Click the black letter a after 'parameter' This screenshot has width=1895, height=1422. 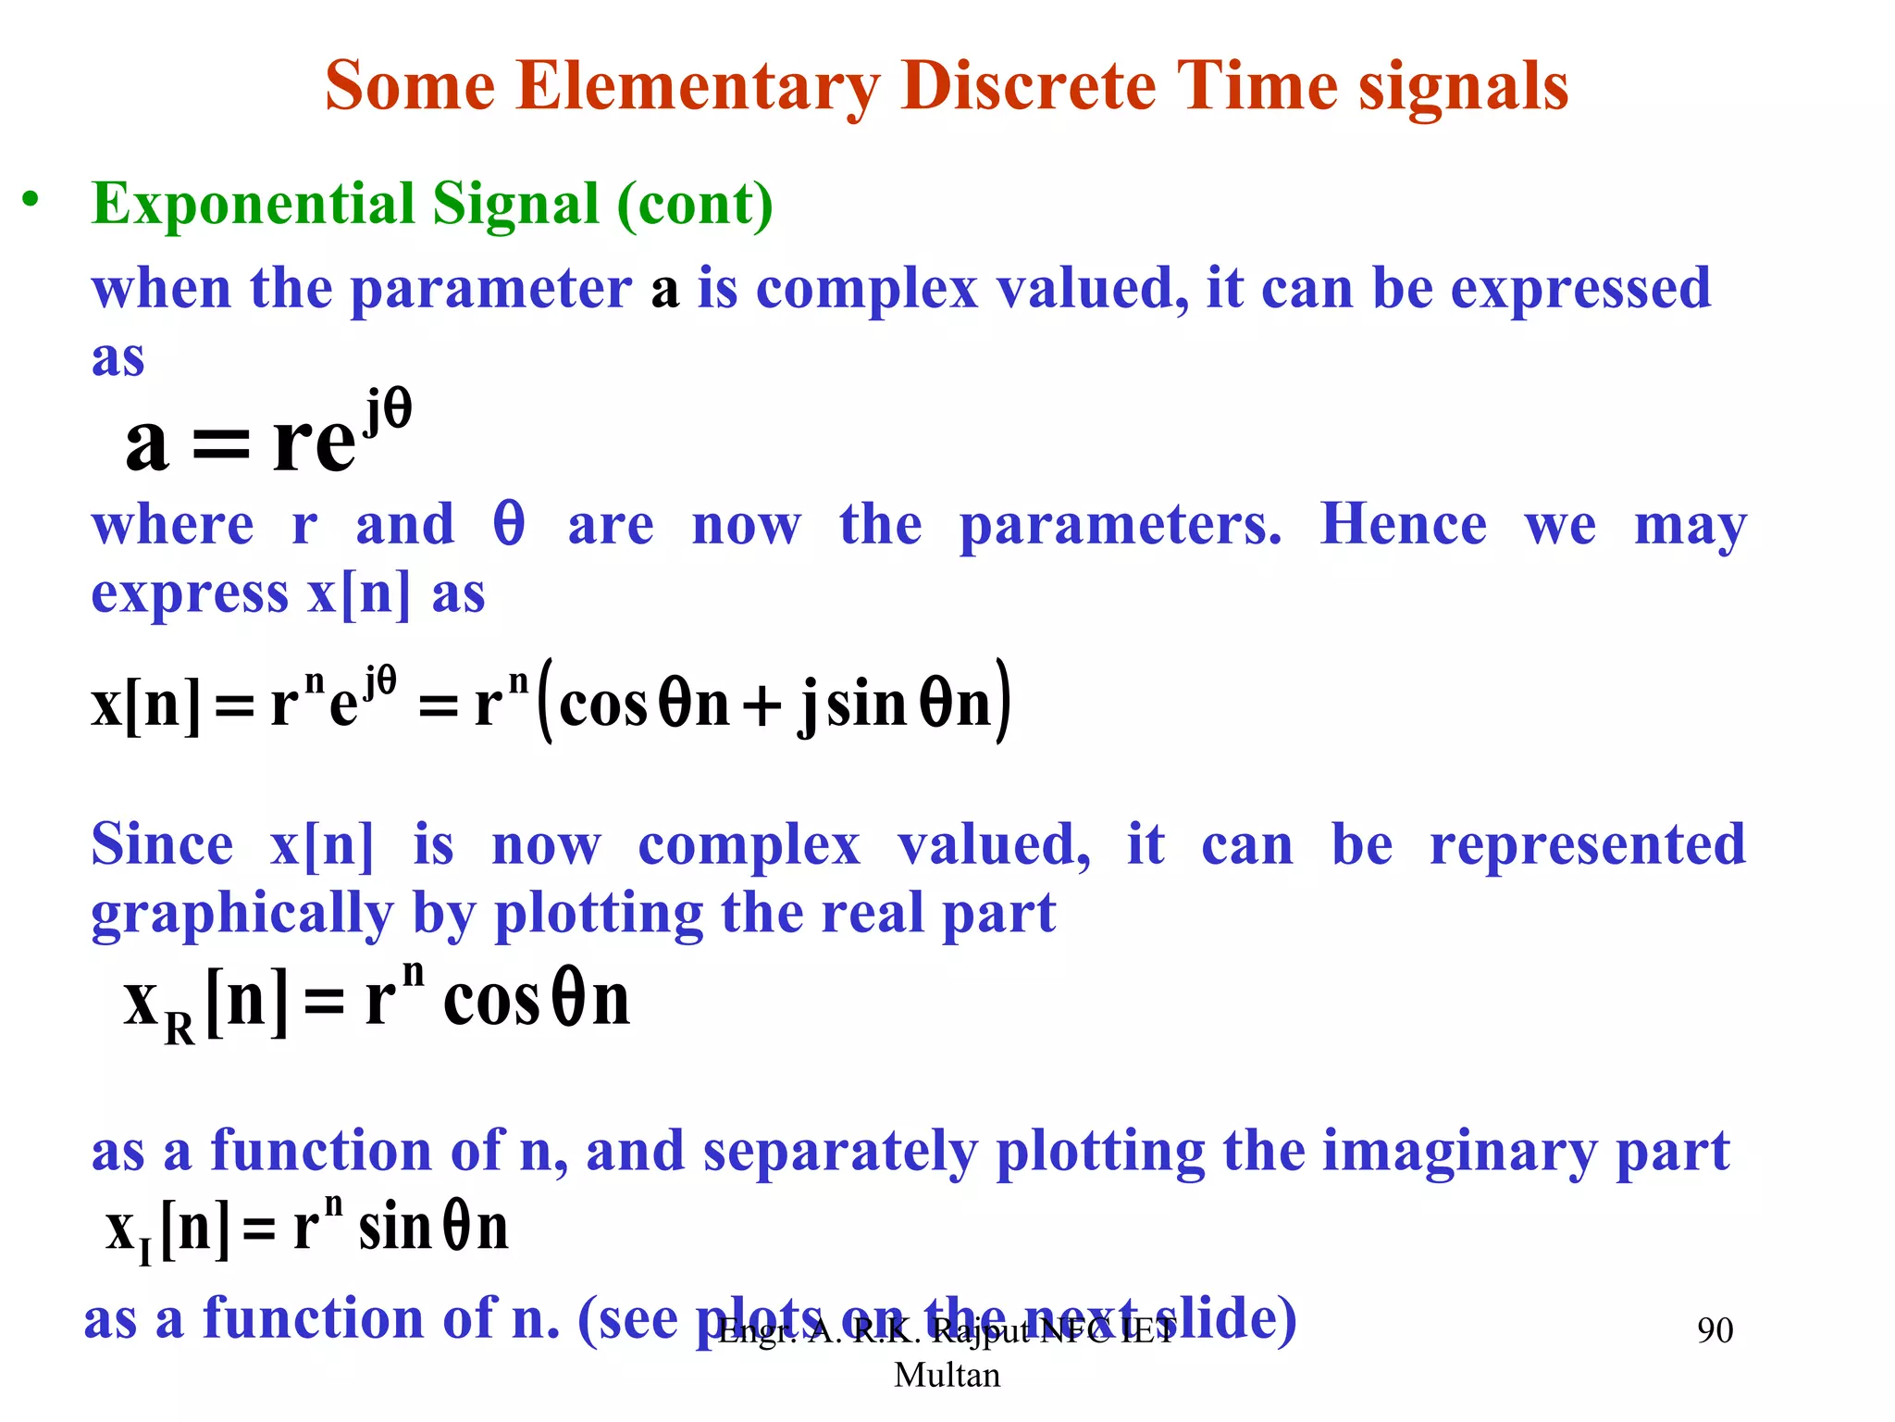(664, 291)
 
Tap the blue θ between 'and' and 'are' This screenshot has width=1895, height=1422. (509, 524)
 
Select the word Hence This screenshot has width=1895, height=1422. (1403, 524)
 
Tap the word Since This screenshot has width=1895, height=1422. (162, 845)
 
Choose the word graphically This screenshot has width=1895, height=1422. (242, 915)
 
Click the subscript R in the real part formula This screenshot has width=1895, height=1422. (180, 1028)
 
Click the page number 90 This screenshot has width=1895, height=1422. (1715, 1330)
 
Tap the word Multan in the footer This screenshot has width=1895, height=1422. (947, 1375)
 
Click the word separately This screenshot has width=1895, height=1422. (839, 1152)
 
